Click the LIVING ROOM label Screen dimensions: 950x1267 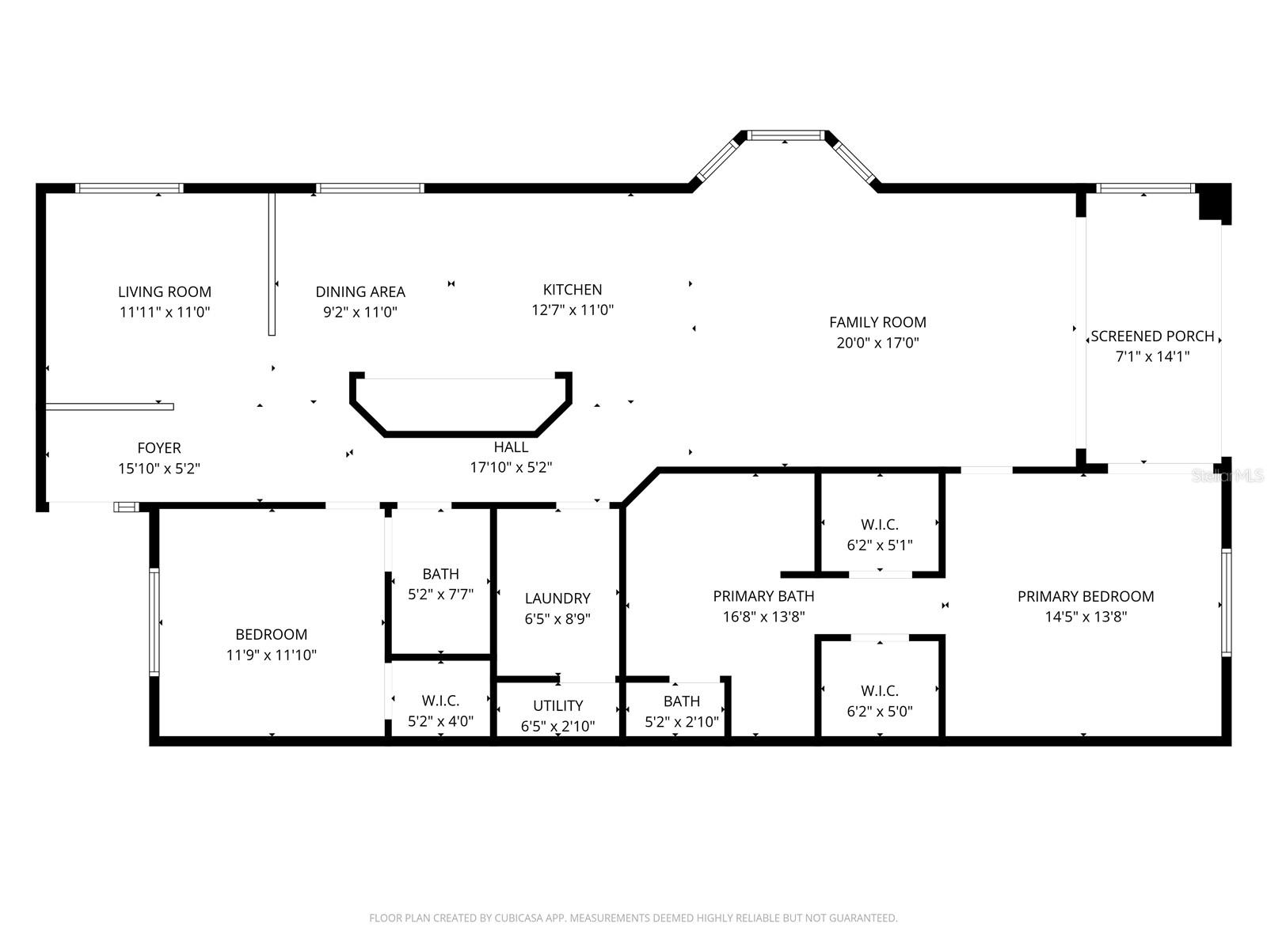tap(165, 292)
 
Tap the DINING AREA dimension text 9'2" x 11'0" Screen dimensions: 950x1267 tap(360, 312)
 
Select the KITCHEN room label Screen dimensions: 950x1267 tap(573, 290)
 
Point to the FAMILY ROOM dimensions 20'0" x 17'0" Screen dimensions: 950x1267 tap(877, 343)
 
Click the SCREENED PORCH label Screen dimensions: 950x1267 tap(1152, 336)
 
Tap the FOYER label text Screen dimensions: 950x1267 tap(159, 448)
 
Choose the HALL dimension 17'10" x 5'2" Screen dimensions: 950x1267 tap(511, 467)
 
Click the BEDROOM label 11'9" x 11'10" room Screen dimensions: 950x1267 tap(271, 634)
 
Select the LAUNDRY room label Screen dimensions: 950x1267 tap(557, 598)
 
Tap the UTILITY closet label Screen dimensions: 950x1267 tap(557, 705)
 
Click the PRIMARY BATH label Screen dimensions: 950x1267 tap(763, 596)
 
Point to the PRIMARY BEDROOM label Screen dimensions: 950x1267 tap(1086, 596)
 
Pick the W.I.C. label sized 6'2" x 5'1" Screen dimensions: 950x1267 tap(880, 525)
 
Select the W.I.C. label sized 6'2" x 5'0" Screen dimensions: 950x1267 tap(880, 690)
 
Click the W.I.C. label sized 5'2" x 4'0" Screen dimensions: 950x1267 tap(440, 701)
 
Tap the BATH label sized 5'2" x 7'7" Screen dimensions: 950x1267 tap(440, 574)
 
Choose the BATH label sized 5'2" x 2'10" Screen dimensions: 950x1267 tap(681, 701)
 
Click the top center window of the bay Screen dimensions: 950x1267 tap(785, 135)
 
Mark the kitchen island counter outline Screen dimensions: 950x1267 tap(461, 432)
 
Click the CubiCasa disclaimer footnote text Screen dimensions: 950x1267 tap(633, 918)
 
